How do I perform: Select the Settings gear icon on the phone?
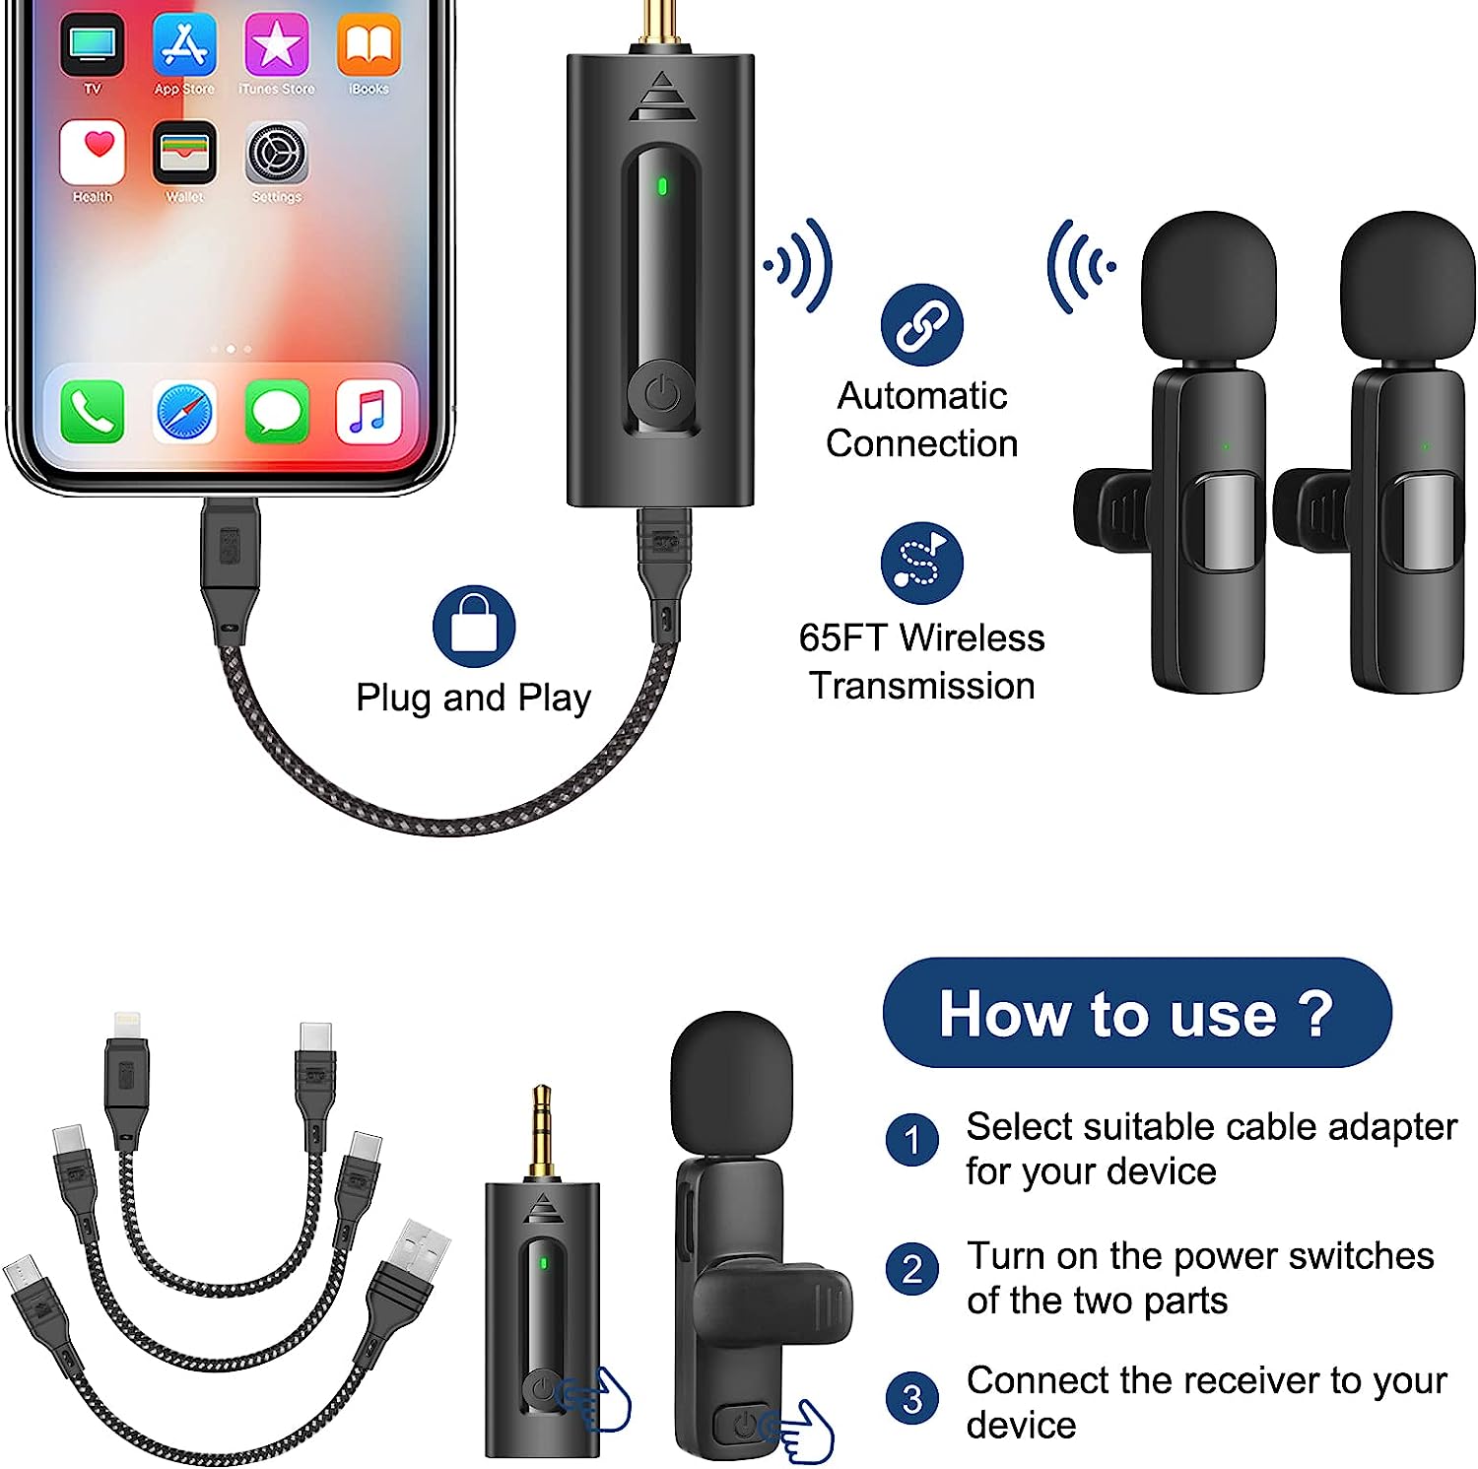[277, 153]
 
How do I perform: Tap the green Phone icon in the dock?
[93, 411]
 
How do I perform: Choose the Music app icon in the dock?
[369, 411]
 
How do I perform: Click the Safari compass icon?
[185, 411]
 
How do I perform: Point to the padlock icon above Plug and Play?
[474, 627]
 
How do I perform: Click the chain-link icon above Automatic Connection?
[922, 325]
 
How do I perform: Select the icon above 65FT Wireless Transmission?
[922, 563]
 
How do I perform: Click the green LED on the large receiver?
[662, 186]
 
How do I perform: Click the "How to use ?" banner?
[1137, 1013]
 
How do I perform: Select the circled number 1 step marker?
[912, 1140]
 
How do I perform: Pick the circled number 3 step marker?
[912, 1399]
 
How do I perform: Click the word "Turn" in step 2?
[1006, 1256]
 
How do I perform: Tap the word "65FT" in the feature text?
[843, 637]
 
